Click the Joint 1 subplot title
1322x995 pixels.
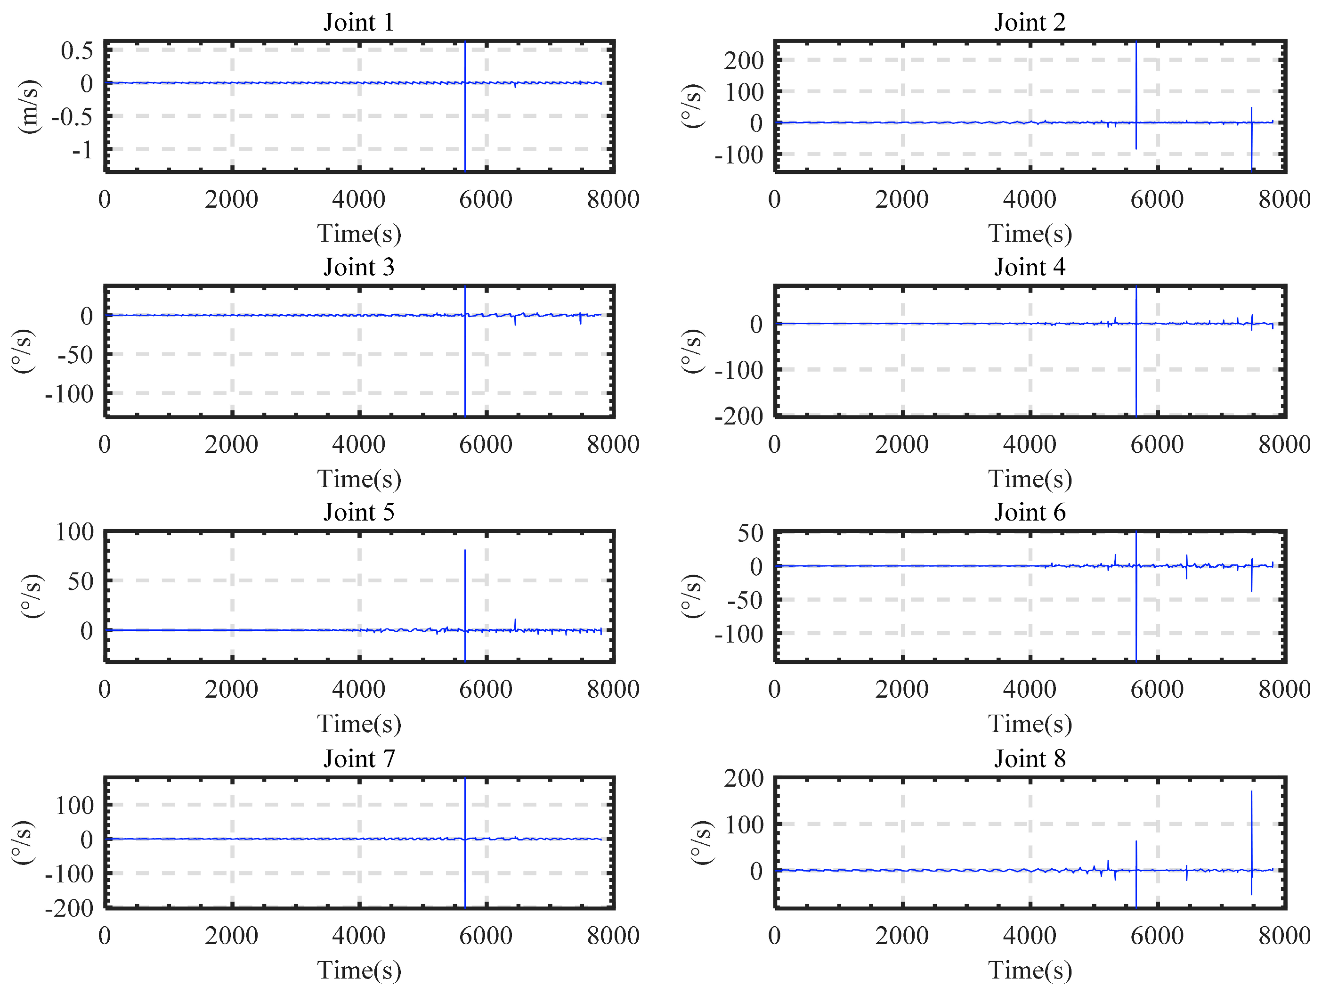coord(358,23)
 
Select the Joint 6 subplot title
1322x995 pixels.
coord(1029,513)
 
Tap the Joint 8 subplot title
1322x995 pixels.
coord(1029,759)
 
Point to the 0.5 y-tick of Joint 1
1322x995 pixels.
coord(77,51)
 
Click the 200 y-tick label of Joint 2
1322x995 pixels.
coord(744,60)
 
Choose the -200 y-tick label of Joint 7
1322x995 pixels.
coord(69,908)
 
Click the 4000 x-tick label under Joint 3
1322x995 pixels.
coord(358,444)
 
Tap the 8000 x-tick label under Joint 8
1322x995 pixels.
coord(1284,936)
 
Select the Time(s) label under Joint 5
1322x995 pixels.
coord(358,724)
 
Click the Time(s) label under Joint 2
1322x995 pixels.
coord(1029,233)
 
